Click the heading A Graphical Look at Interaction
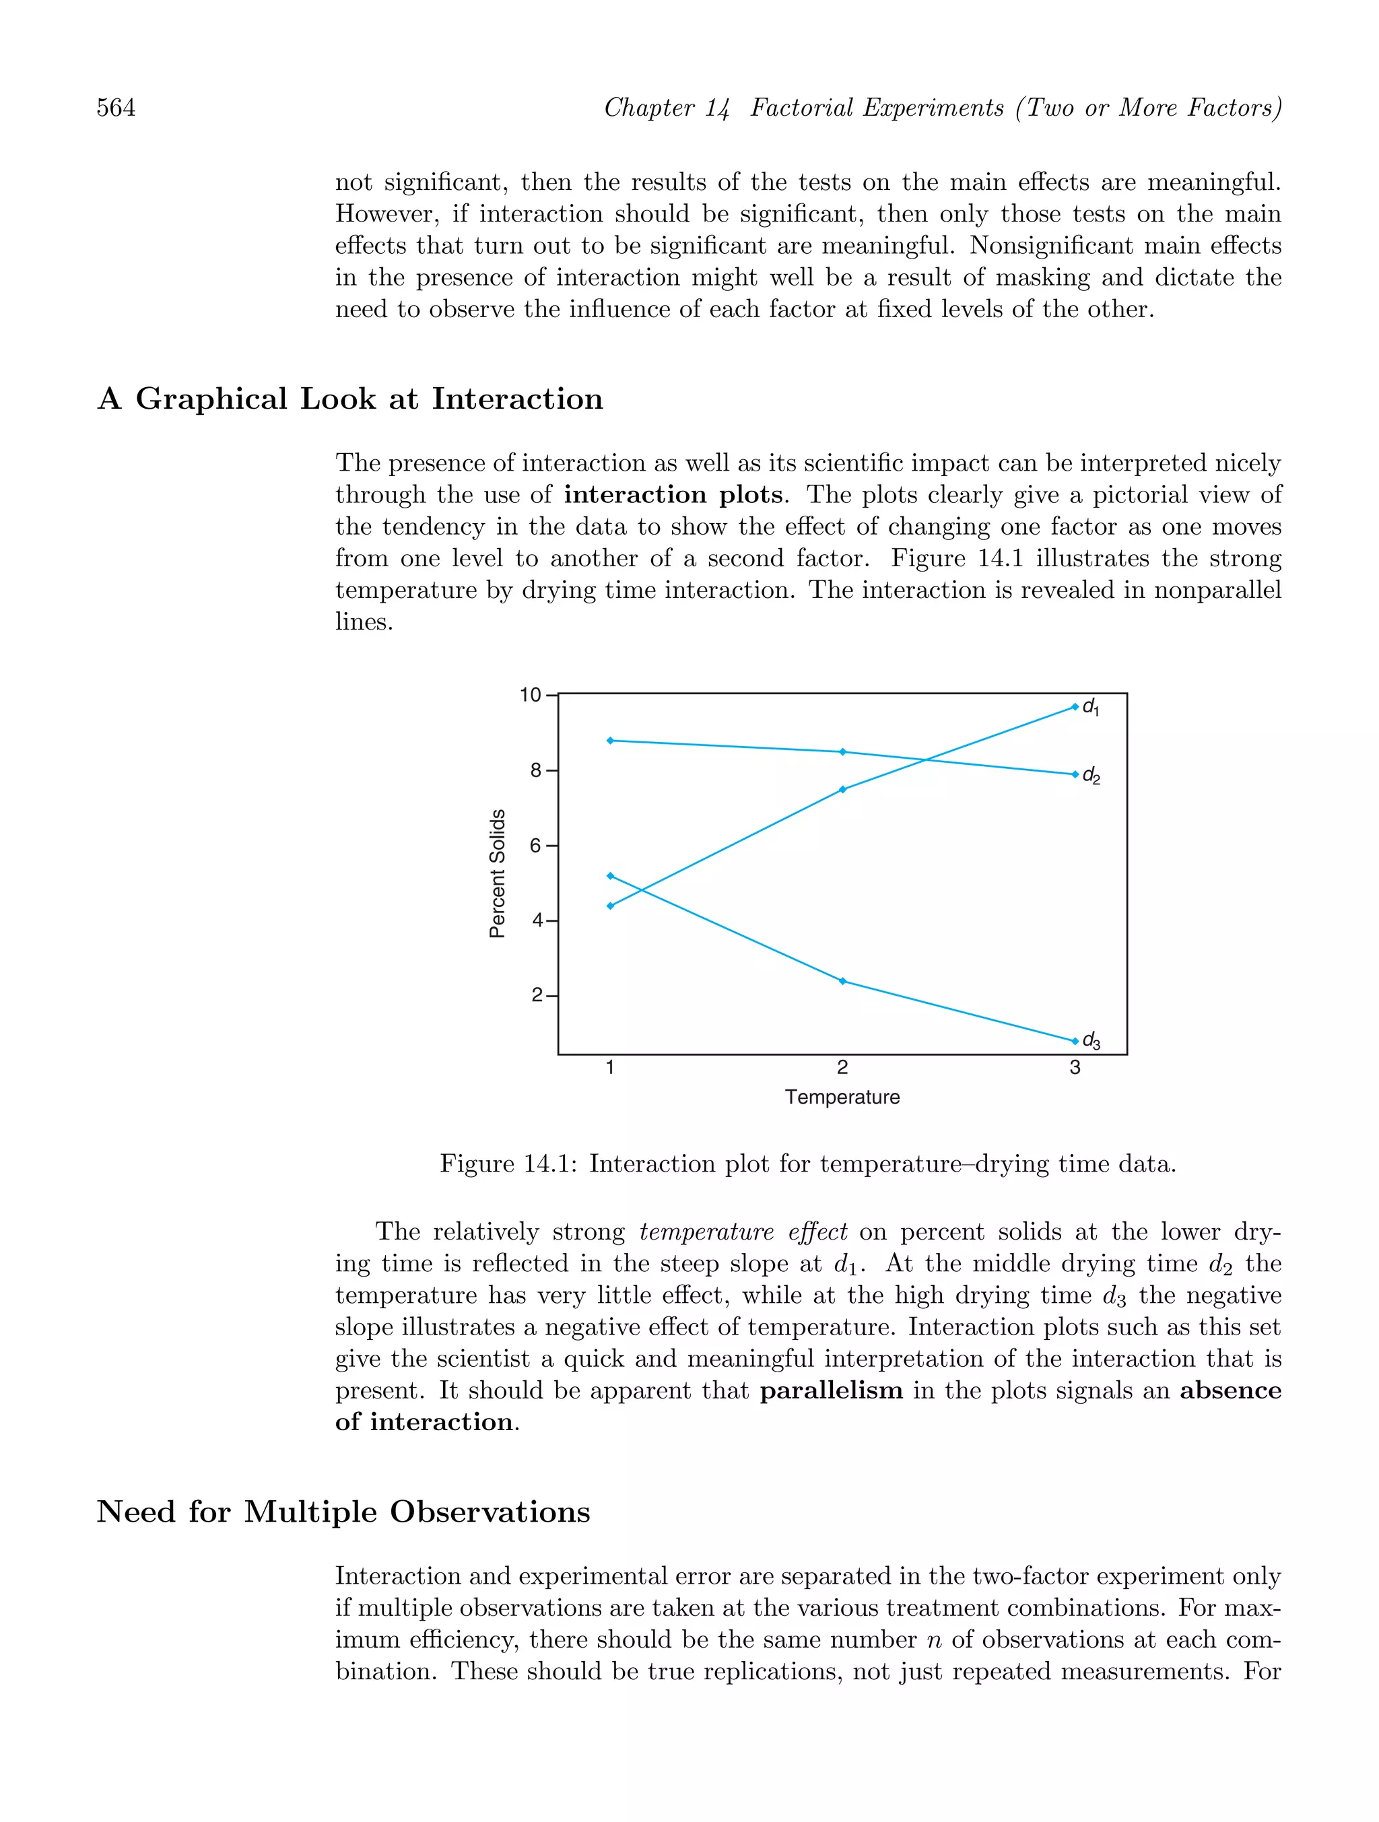pos(350,399)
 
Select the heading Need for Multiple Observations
pos(343,1512)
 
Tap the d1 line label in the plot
pos(1090,708)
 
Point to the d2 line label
pos(1091,776)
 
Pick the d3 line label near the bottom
pos(1091,1041)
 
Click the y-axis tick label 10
pos(530,695)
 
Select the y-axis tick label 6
pos(535,846)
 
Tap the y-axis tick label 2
pos(535,996)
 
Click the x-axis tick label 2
pos(842,1069)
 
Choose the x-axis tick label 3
pos(1074,1069)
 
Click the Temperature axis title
pos(842,1097)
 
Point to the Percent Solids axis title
pos(497,873)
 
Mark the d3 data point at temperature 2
pos(842,981)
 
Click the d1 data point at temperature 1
pos(609,906)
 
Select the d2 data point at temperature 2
pos(842,752)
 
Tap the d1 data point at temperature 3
pos(1074,707)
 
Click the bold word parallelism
pos(830,1391)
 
